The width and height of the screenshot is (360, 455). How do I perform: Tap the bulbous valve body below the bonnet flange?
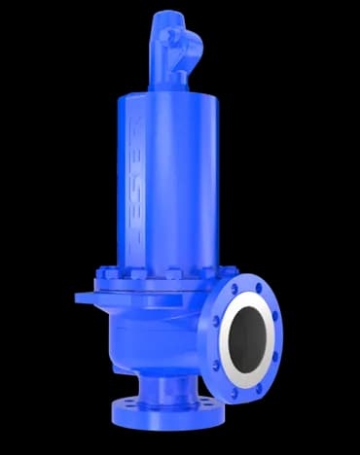(x=151, y=331)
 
